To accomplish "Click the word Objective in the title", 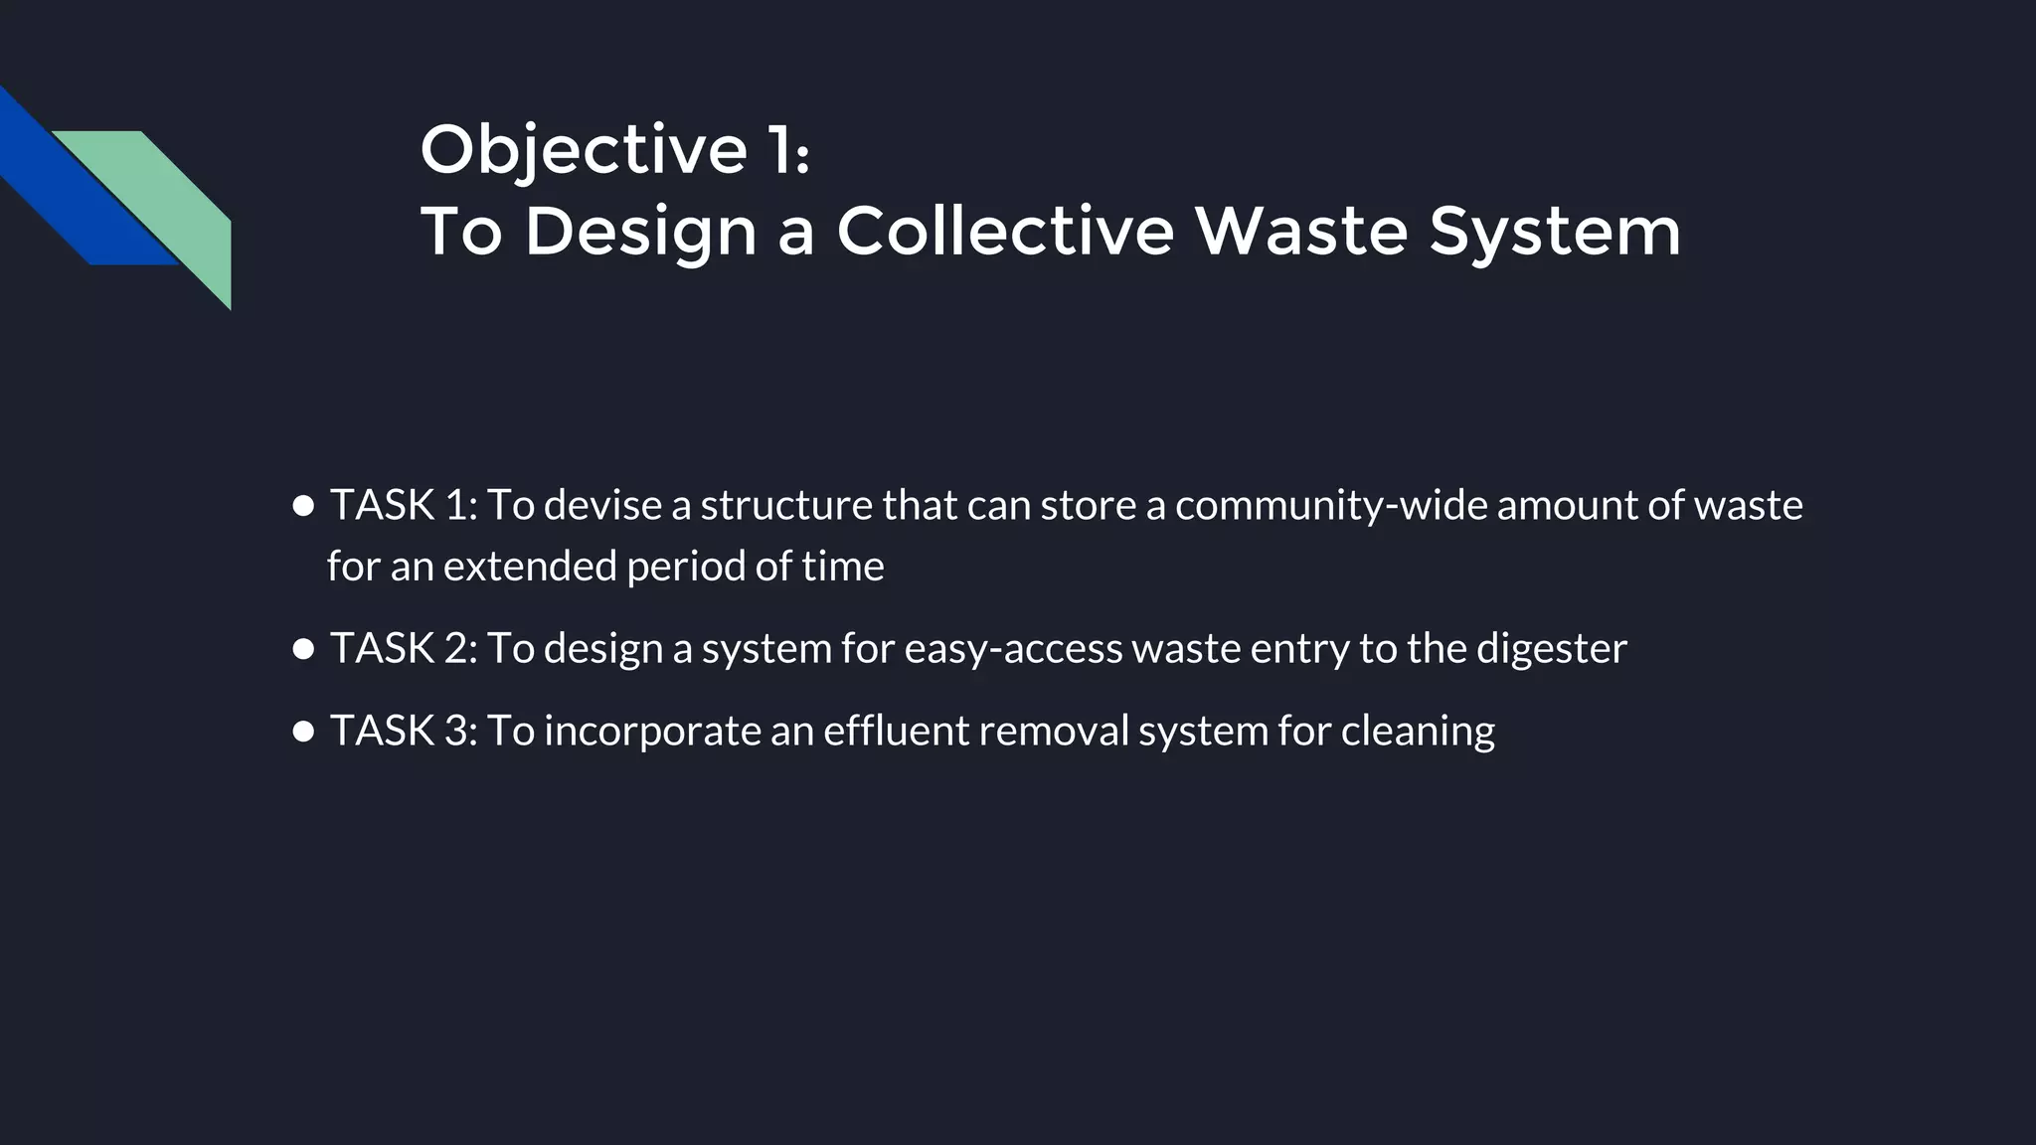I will [584, 151].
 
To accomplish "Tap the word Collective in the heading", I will [1005, 232].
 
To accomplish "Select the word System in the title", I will [1555, 232].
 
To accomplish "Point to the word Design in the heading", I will [640, 232].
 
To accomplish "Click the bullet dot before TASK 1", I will [304, 506].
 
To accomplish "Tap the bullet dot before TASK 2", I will [304, 650].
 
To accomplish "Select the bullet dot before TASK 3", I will [304, 733].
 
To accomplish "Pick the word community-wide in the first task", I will [1330, 506].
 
